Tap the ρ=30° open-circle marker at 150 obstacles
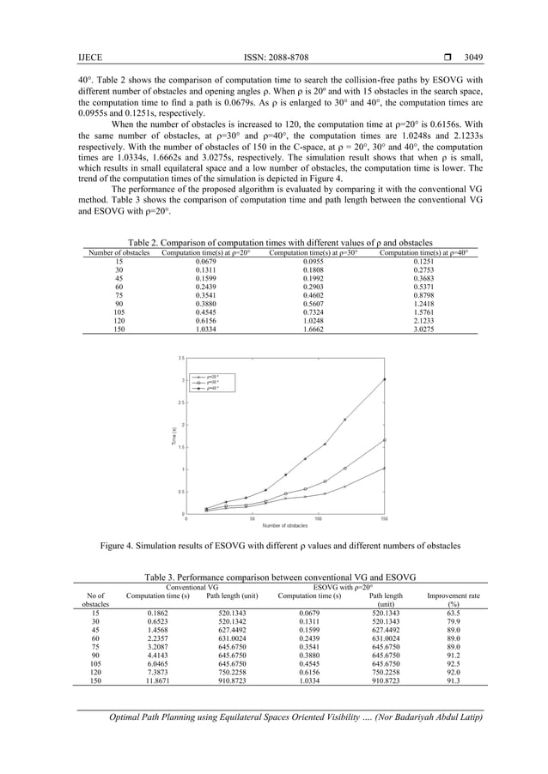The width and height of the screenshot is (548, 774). pyautogui.click(x=384, y=440)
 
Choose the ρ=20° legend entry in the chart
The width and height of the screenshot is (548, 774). pyautogui.click(x=209, y=376)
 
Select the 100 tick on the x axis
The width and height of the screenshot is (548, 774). pyautogui.click(x=319, y=518)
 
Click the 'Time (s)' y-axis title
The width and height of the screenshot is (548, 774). pyautogui.click(x=171, y=435)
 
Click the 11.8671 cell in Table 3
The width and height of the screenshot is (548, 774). pyautogui.click(x=157, y=677)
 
